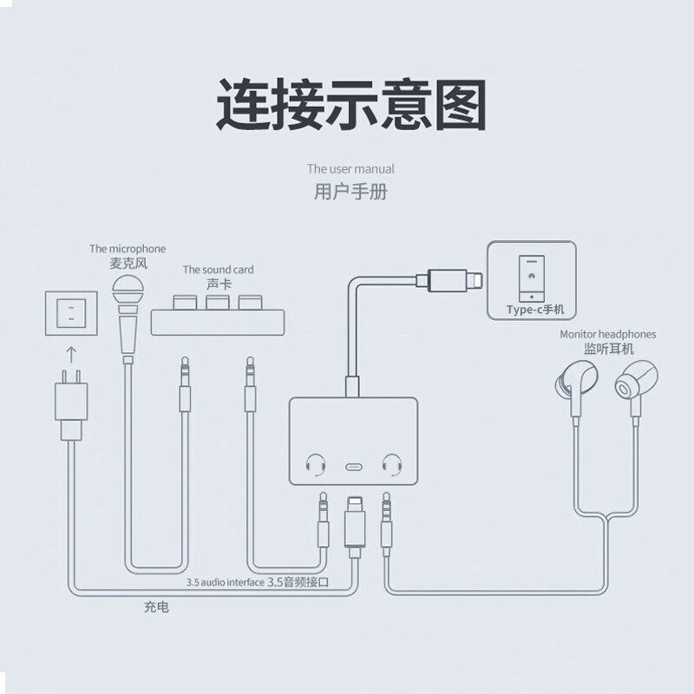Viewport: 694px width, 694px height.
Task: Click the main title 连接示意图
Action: pos(350,105)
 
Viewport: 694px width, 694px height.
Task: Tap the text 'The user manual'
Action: pos(350,169)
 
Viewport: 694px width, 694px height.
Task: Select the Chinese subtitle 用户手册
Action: pos(350,192)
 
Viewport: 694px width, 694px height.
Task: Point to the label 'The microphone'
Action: pos(128,249)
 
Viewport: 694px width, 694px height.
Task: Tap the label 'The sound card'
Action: pos(218,271)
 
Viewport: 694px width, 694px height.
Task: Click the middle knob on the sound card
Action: pos(218,303)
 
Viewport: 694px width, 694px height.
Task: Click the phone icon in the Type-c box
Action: pos(529,276)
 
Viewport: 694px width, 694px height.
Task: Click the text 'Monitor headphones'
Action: pos(607,333)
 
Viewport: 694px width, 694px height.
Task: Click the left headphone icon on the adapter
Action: pos(314,464)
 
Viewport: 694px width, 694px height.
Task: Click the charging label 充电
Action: pos(156,607)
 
